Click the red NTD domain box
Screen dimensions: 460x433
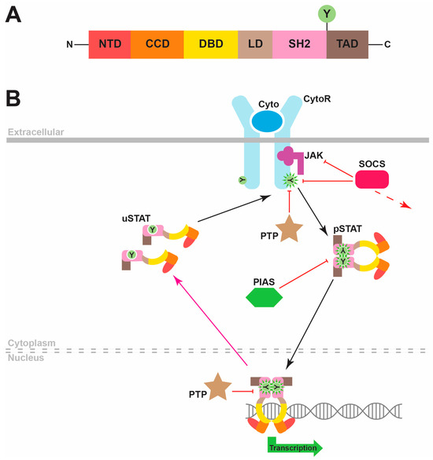pos(109,44)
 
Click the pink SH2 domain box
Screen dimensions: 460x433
pos(298,44)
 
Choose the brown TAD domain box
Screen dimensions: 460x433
pos(345,44)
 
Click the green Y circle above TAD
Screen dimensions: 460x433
pos(344,14)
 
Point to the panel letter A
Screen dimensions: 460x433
pos(13,14)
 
